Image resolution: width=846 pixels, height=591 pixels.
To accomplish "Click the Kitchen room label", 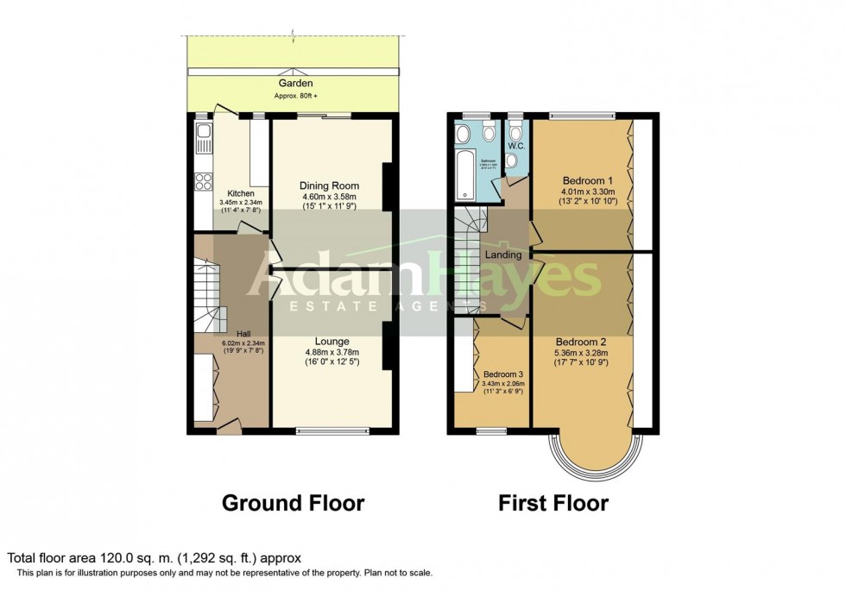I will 241,193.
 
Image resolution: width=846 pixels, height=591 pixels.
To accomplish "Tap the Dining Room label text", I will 329,185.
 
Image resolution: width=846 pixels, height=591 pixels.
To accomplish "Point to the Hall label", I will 242,333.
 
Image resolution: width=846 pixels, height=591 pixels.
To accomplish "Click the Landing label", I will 503,255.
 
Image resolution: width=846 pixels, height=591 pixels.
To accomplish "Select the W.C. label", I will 517,146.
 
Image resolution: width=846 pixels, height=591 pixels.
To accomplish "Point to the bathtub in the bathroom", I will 464,173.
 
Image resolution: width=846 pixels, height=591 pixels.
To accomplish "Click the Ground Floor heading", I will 294,502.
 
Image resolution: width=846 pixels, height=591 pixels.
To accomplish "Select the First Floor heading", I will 553,502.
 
